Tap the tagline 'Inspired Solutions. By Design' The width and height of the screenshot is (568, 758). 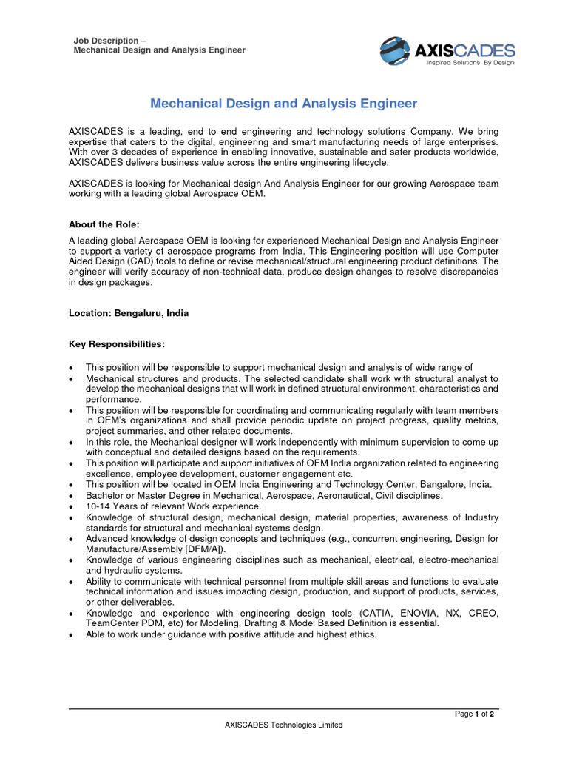(470, 64)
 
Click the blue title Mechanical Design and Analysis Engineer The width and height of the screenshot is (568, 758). (284, 104)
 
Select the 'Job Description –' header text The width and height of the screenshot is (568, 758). (109, 41)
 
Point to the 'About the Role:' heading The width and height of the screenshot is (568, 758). (104, 224)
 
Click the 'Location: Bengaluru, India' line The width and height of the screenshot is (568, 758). (129, 313)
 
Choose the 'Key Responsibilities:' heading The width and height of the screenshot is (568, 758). (117, 344)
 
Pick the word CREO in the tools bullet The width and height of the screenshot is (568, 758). (484, 614)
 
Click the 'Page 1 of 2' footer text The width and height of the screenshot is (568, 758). (475, 714)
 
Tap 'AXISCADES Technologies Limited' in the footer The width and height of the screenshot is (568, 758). (284, 725)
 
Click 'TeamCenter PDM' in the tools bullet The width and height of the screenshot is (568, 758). (122, 624)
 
